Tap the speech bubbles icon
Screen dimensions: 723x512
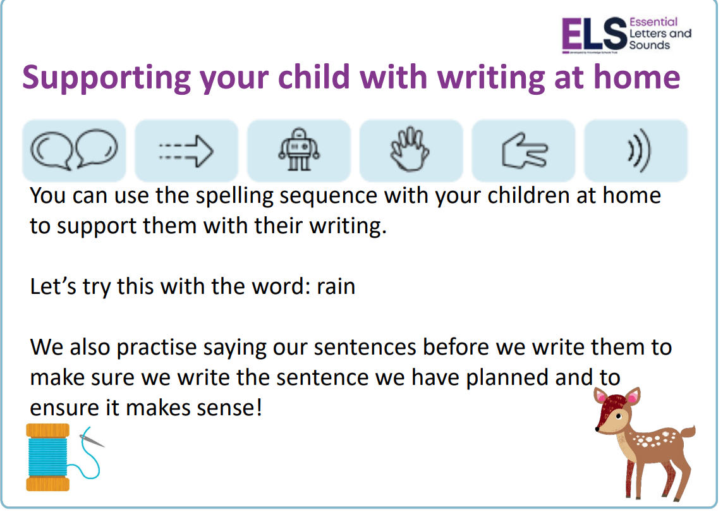click(x=74, y=149)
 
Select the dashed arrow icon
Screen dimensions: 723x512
click(x=186, y=150)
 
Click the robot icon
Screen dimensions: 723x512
click(x=299, y=149)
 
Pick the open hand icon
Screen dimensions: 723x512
click(x=410, y=149)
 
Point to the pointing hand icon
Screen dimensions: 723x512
click(x=525, y=150)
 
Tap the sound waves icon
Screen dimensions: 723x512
click(x=639, y=150)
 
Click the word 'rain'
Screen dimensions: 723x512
click(x=336, y=286)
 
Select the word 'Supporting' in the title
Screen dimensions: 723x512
click(x=107, y=78)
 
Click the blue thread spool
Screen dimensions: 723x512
click(x=47, y=457)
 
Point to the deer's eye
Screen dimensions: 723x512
click(x=619, y=417)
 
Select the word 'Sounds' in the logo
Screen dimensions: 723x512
click(x=649, y=46)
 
